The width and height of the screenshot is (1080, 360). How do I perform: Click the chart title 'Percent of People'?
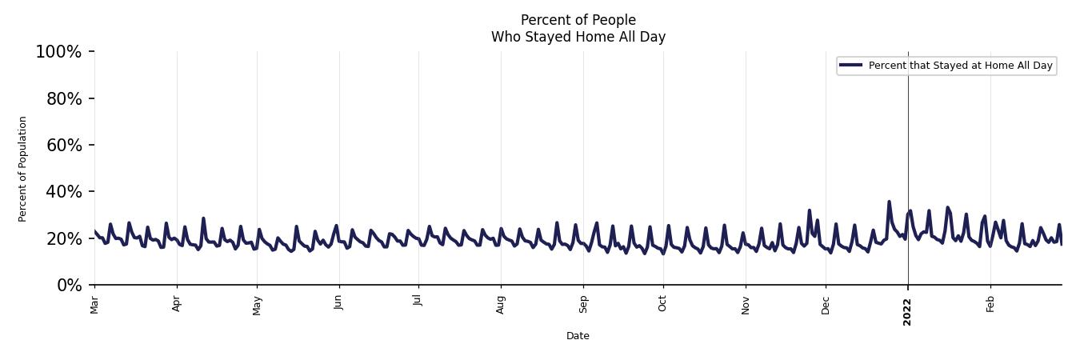[578, 20]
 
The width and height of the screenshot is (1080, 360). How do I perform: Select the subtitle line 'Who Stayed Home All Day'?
[578, 37]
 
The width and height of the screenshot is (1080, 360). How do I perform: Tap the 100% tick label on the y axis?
[58, 52]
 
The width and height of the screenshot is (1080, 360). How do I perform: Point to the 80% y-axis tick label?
[62, 98]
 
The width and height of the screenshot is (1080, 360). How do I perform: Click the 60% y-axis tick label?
[62, 145]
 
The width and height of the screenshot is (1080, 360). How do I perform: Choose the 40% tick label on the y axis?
[62, 191]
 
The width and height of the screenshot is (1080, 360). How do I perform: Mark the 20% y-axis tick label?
[62, 238]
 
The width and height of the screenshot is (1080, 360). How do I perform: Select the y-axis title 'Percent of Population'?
[23, 169]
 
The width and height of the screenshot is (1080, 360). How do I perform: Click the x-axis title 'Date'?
[578, 336]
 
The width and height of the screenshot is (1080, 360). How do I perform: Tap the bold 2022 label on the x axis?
[907, 308]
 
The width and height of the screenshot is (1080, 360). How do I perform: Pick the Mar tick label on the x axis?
[94, 304]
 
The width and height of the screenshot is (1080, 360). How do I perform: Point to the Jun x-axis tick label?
[339, 302]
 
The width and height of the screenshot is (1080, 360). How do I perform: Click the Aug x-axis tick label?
[501, 304]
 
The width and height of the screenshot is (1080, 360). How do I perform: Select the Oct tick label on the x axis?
[662, 302]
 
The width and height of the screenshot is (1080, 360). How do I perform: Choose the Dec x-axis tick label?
[826, 303]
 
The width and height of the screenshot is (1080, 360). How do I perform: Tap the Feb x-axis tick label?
[990, 303]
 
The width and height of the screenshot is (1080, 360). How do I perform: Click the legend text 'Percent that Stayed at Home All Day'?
[960, 66]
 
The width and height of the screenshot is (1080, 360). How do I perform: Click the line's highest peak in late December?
[889, 202]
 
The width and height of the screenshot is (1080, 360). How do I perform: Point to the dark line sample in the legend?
[851, 66]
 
